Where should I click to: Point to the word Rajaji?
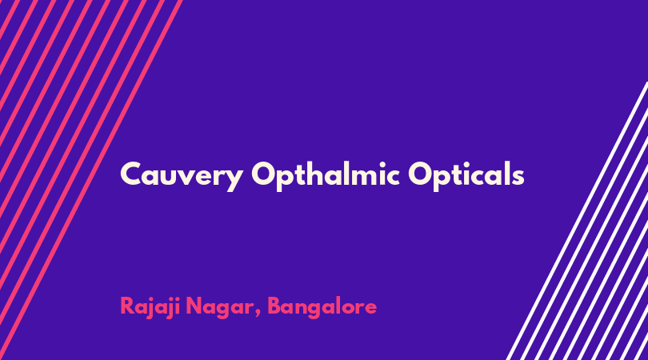pyautogui.click(x=150, y=307)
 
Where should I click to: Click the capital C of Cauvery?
pyautogui.click(x=131, y=174)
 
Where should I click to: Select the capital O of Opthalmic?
pyautogui.click(x=263, y=174)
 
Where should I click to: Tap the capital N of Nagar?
pyautogui.click(x=194, y=306)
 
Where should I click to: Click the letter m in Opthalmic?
pyautogui.click(x=361, y=176)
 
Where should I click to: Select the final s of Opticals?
pyautogui.click(x=518, y=176)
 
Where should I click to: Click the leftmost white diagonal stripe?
pyautogui.click(x=577, y=221)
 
